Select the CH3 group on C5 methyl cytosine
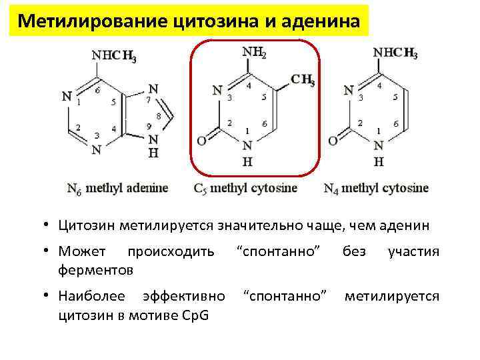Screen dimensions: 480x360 coord(303,81)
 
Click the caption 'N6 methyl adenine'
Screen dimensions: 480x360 coord(117,187)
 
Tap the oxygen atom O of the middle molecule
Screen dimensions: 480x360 coord(201,141)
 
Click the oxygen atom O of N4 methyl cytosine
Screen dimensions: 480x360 coord(333,141)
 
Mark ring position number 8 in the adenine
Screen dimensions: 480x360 coord(158,116)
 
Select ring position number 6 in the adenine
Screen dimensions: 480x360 coord(97,90)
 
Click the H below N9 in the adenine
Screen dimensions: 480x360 coord(153,152)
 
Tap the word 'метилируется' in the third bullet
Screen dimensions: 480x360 coord(391,295)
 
